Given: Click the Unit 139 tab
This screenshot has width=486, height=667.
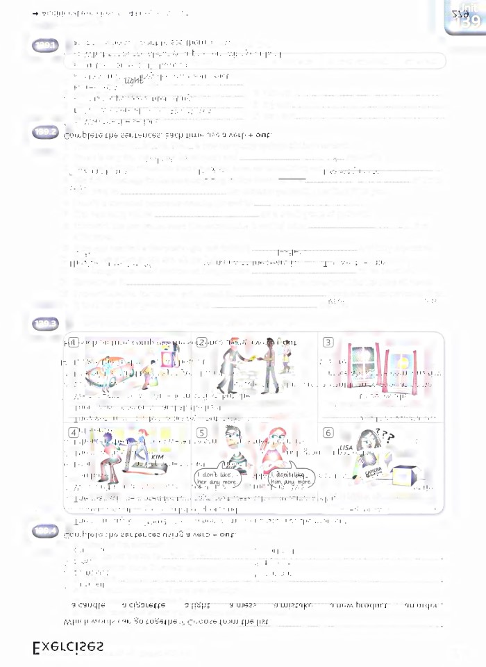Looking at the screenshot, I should (x=466, y=16).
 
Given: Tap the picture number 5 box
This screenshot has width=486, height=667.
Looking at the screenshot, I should (x=202, y=432).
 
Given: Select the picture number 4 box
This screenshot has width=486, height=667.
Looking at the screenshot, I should (x=73, y=432).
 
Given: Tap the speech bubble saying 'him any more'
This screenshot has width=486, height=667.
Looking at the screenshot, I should (x=292, y=477).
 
